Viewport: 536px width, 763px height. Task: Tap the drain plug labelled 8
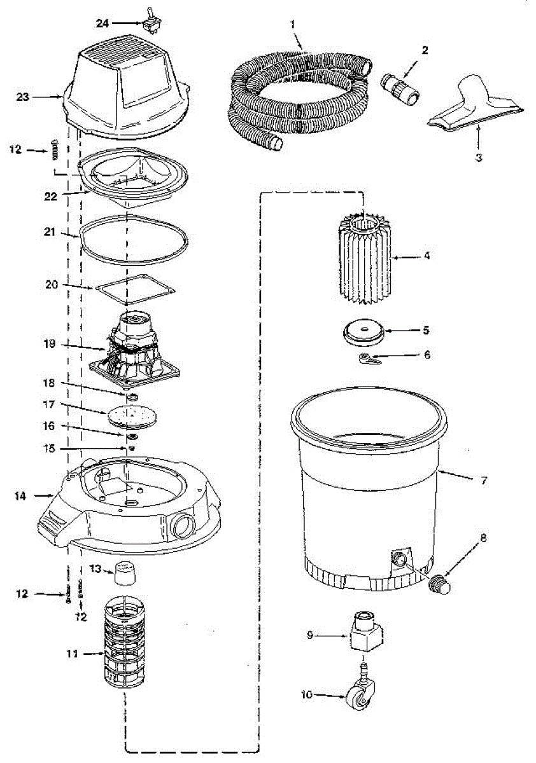439,582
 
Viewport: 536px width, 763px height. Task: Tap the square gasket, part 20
135,289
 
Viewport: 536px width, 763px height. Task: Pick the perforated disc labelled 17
133,417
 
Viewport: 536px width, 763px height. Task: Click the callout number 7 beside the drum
484,480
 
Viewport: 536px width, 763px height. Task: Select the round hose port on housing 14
182,525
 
